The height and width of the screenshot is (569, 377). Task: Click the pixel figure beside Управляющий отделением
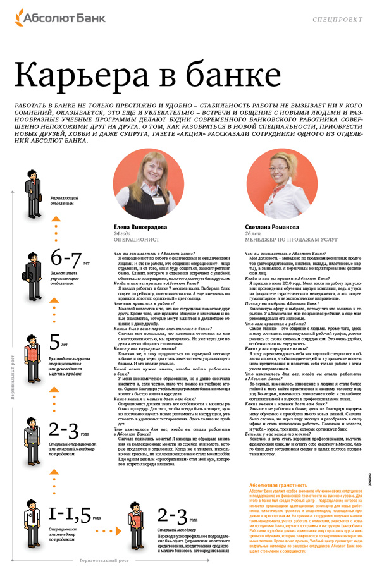click(x=32, y=187)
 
